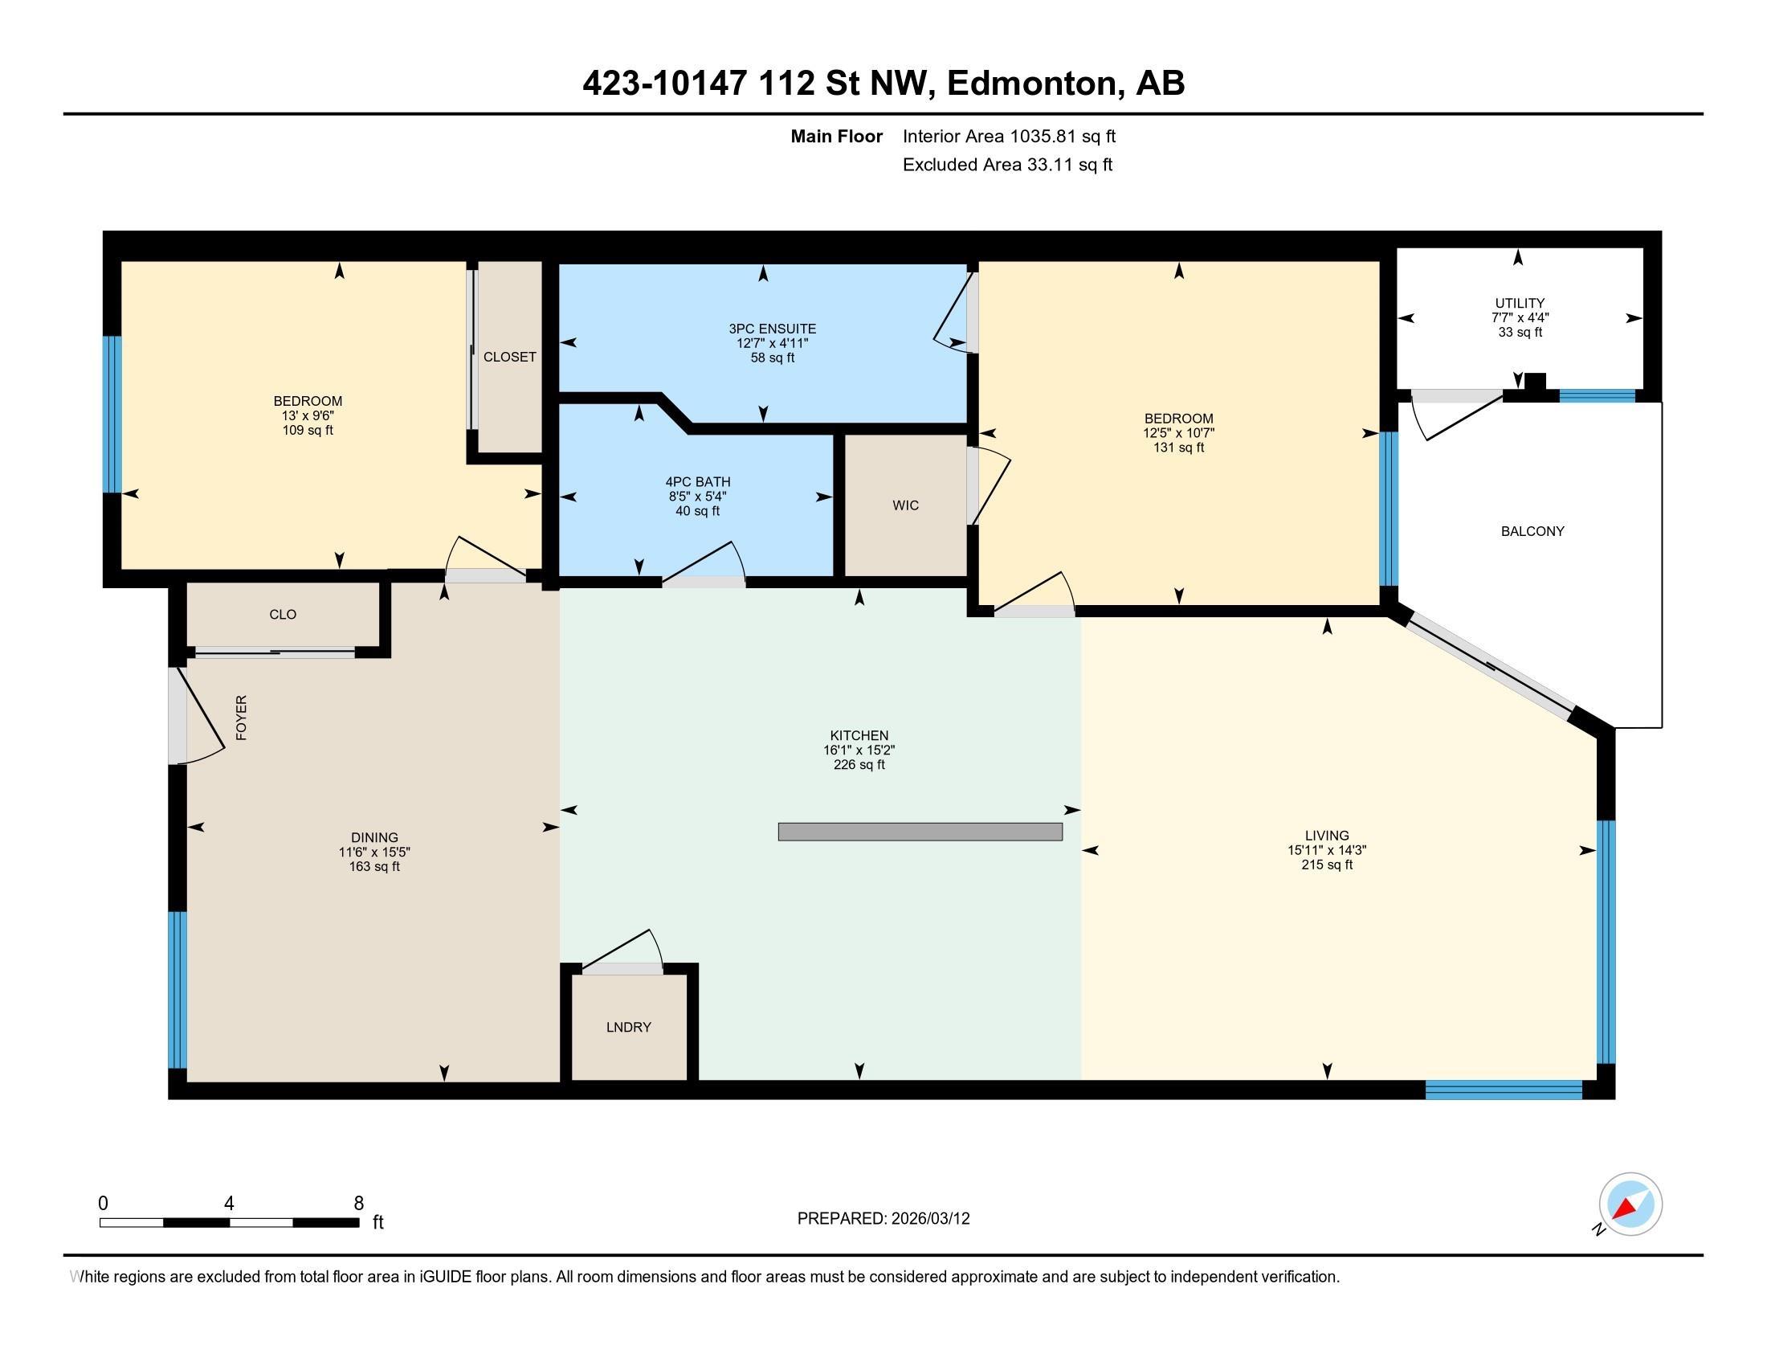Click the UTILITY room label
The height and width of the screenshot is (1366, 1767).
1520,304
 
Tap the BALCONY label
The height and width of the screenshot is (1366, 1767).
1532,532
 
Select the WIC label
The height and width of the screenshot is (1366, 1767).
905,505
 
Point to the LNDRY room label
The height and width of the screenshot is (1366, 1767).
629,1027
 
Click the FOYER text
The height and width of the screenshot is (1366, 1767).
241,717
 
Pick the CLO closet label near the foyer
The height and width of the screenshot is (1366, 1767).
283,614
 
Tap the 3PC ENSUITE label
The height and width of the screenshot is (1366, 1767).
772,329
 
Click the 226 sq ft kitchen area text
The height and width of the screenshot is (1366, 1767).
859,764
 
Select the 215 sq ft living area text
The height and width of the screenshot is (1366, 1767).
1327,865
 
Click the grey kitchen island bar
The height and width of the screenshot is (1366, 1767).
920,832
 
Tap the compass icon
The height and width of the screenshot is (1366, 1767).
1630,1204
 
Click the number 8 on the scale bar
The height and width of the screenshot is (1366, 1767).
358,1204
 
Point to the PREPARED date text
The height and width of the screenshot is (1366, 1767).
883,1219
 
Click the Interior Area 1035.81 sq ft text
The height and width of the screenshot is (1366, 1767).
1009,137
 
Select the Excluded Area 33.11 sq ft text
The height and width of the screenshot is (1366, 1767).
1007,165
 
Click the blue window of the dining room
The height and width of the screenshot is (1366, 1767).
178,990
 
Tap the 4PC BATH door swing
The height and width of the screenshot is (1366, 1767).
703,561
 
